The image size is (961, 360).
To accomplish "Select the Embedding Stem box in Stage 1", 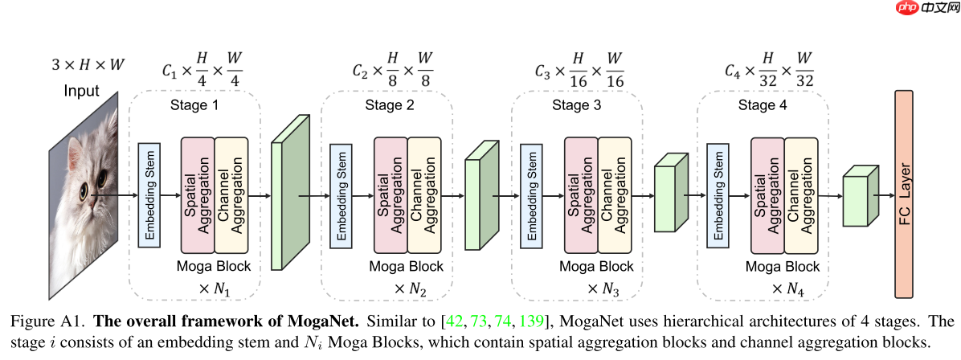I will (x=149, y=194).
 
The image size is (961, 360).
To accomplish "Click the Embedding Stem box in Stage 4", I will (x=716, y=194).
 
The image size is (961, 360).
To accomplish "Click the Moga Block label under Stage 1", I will (x=214, y=266).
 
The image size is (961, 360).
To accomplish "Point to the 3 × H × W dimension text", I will (x=88, y=63).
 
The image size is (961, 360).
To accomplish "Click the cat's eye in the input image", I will (x=86, y=190).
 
